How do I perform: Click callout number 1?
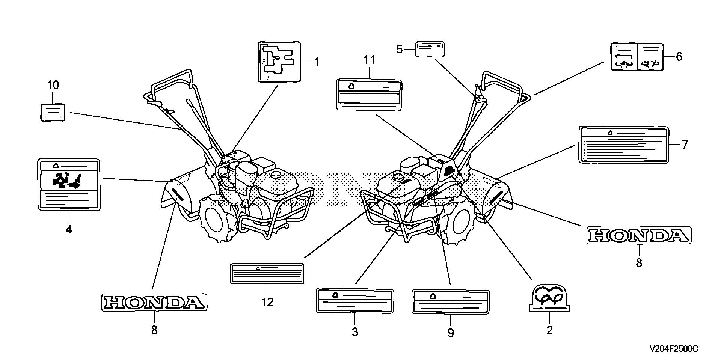click(316, 62)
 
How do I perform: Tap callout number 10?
click(53, 85)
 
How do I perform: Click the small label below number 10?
click(53, 112)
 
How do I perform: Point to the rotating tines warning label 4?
click(69, 184)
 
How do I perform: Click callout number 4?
click(69, 229)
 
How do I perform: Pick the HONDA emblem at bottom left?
click(154, 302)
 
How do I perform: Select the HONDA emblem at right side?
click(639, 236)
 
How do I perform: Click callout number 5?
click(400, 49)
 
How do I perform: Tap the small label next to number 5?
click(430, 49)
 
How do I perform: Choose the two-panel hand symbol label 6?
click(637, 57)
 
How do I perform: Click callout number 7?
click(684, 145)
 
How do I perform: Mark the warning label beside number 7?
click(624, 145)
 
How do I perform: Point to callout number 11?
click(369, 60)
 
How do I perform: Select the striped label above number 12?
click(267, 273)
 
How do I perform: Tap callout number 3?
click(355, 332)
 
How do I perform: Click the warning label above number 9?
click(450, 301)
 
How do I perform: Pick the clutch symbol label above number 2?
click(549, 298)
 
